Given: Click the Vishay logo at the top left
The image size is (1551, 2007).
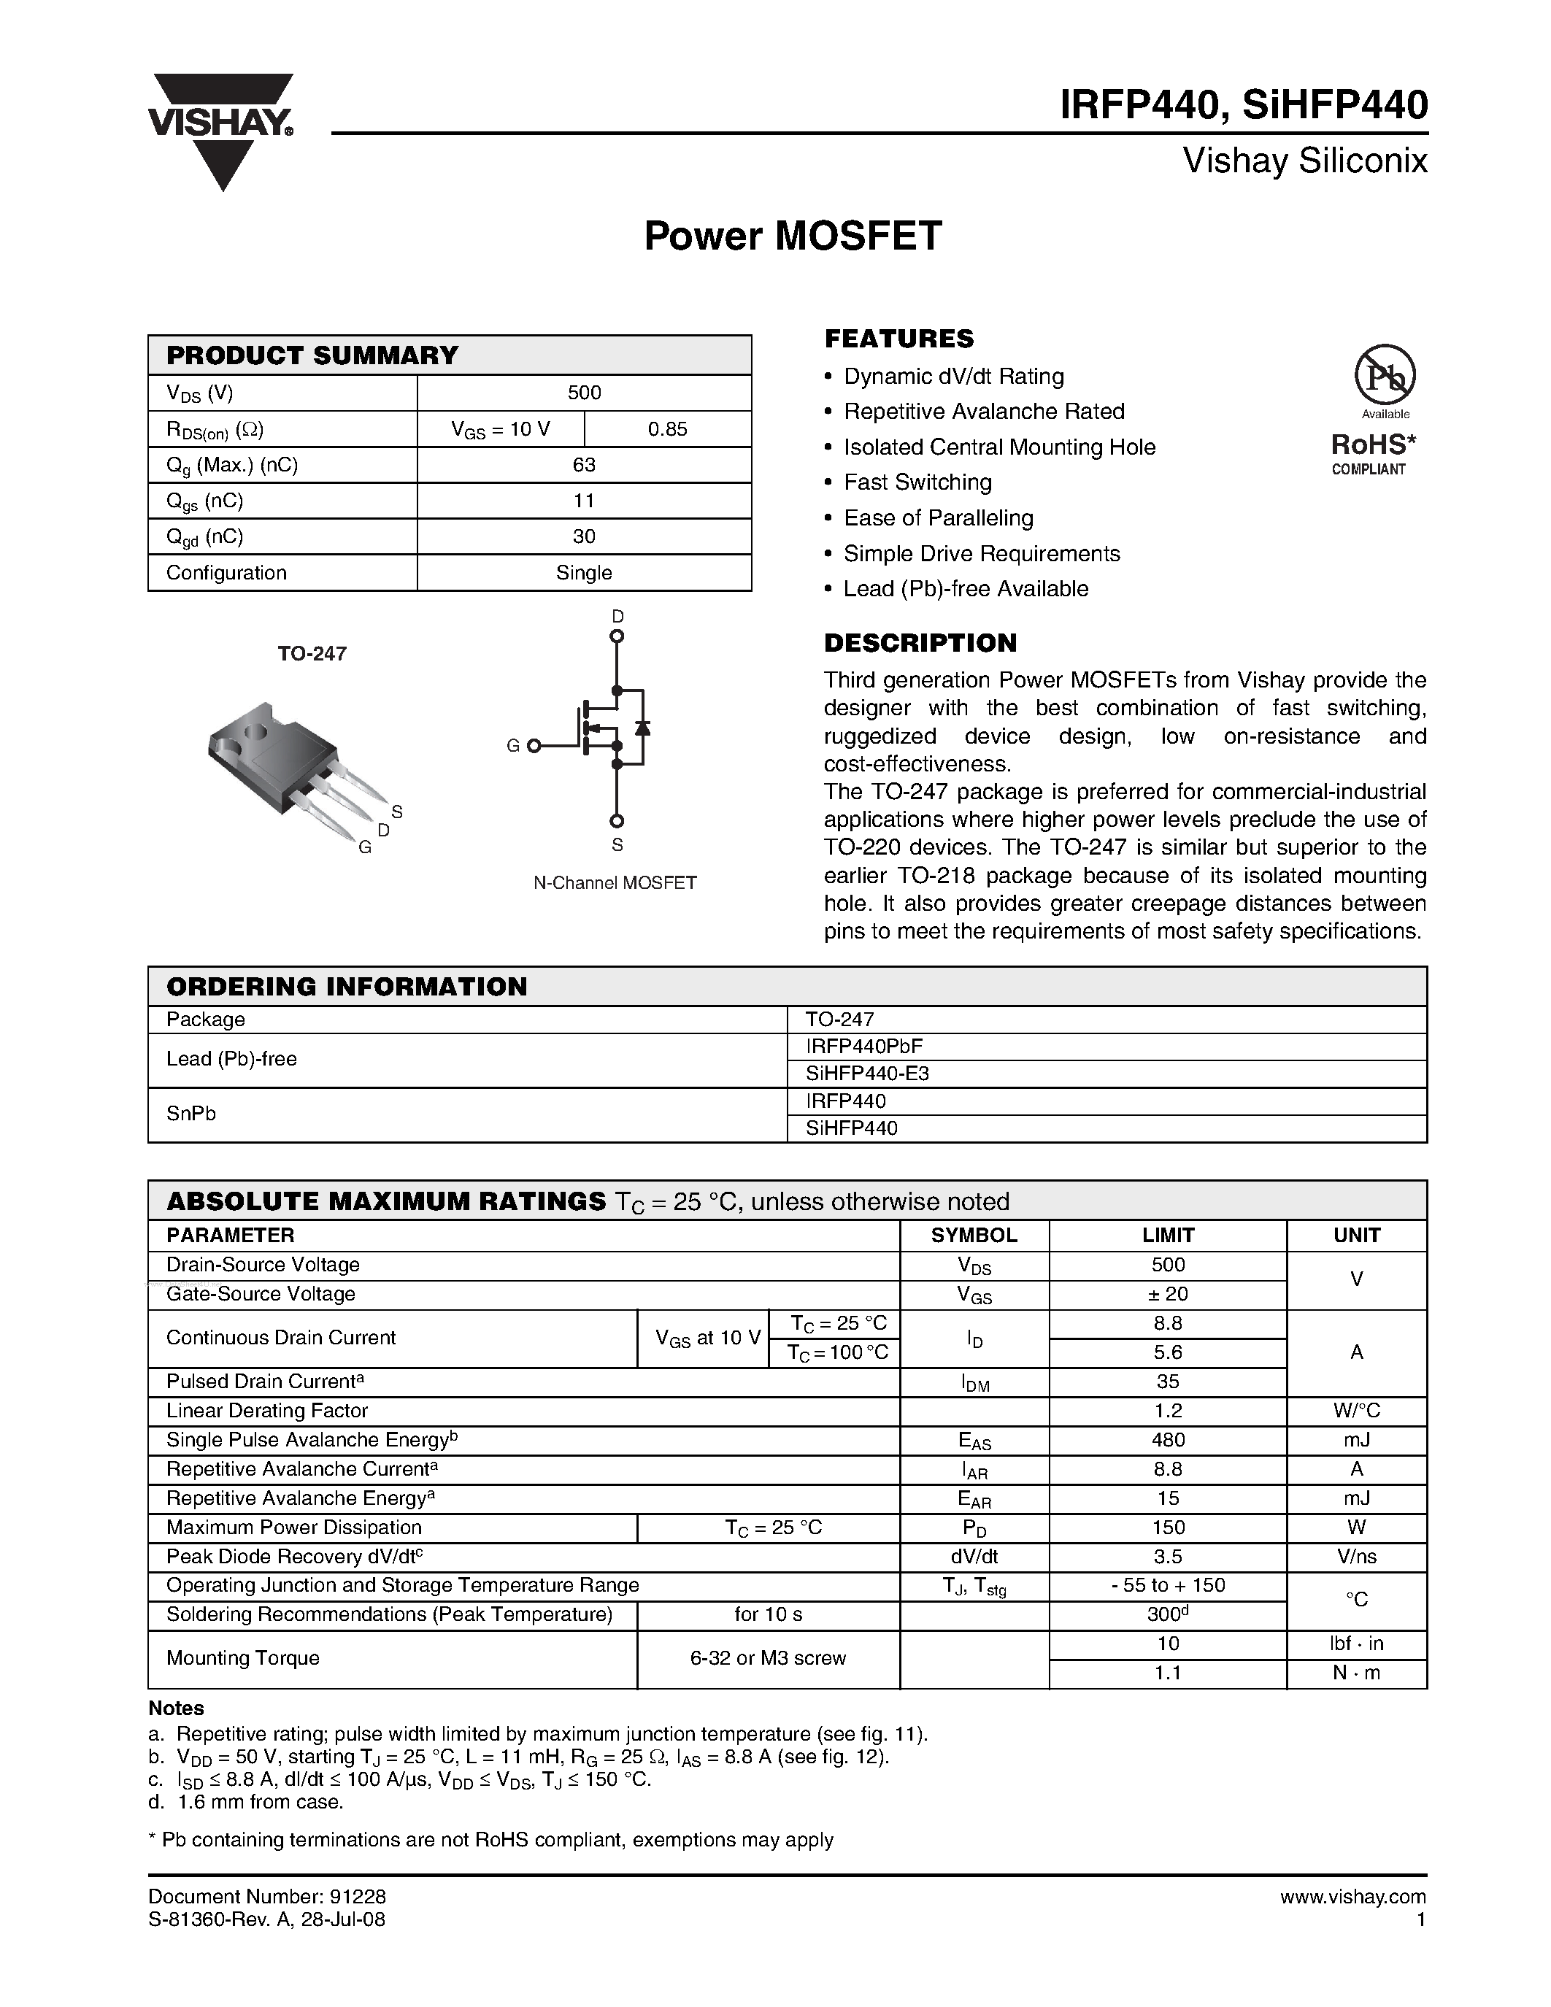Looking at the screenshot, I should [x=220, y=128].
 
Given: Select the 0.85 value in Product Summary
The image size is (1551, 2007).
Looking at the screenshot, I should [x=667, y=429].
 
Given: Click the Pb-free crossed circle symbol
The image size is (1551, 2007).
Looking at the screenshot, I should [x=1385, y=375].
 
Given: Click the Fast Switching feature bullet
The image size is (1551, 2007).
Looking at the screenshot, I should [x=917, y=482].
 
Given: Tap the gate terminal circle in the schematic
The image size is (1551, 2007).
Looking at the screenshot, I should [x=533, y=746].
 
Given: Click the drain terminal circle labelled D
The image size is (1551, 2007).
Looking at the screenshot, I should [x=617, y=636].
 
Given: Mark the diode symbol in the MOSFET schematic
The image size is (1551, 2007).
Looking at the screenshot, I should [x=642, y=727].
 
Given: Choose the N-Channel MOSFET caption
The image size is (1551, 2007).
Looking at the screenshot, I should [x=615, y=883].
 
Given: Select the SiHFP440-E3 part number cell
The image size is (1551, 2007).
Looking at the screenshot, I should [x=866, y=1074].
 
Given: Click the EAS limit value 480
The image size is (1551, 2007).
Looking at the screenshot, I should [x=1167, y=1440].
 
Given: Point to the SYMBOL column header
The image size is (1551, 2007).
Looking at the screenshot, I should [x=974, y=1235].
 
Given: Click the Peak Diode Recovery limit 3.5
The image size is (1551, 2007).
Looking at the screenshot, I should [x=1167, y=1557].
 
